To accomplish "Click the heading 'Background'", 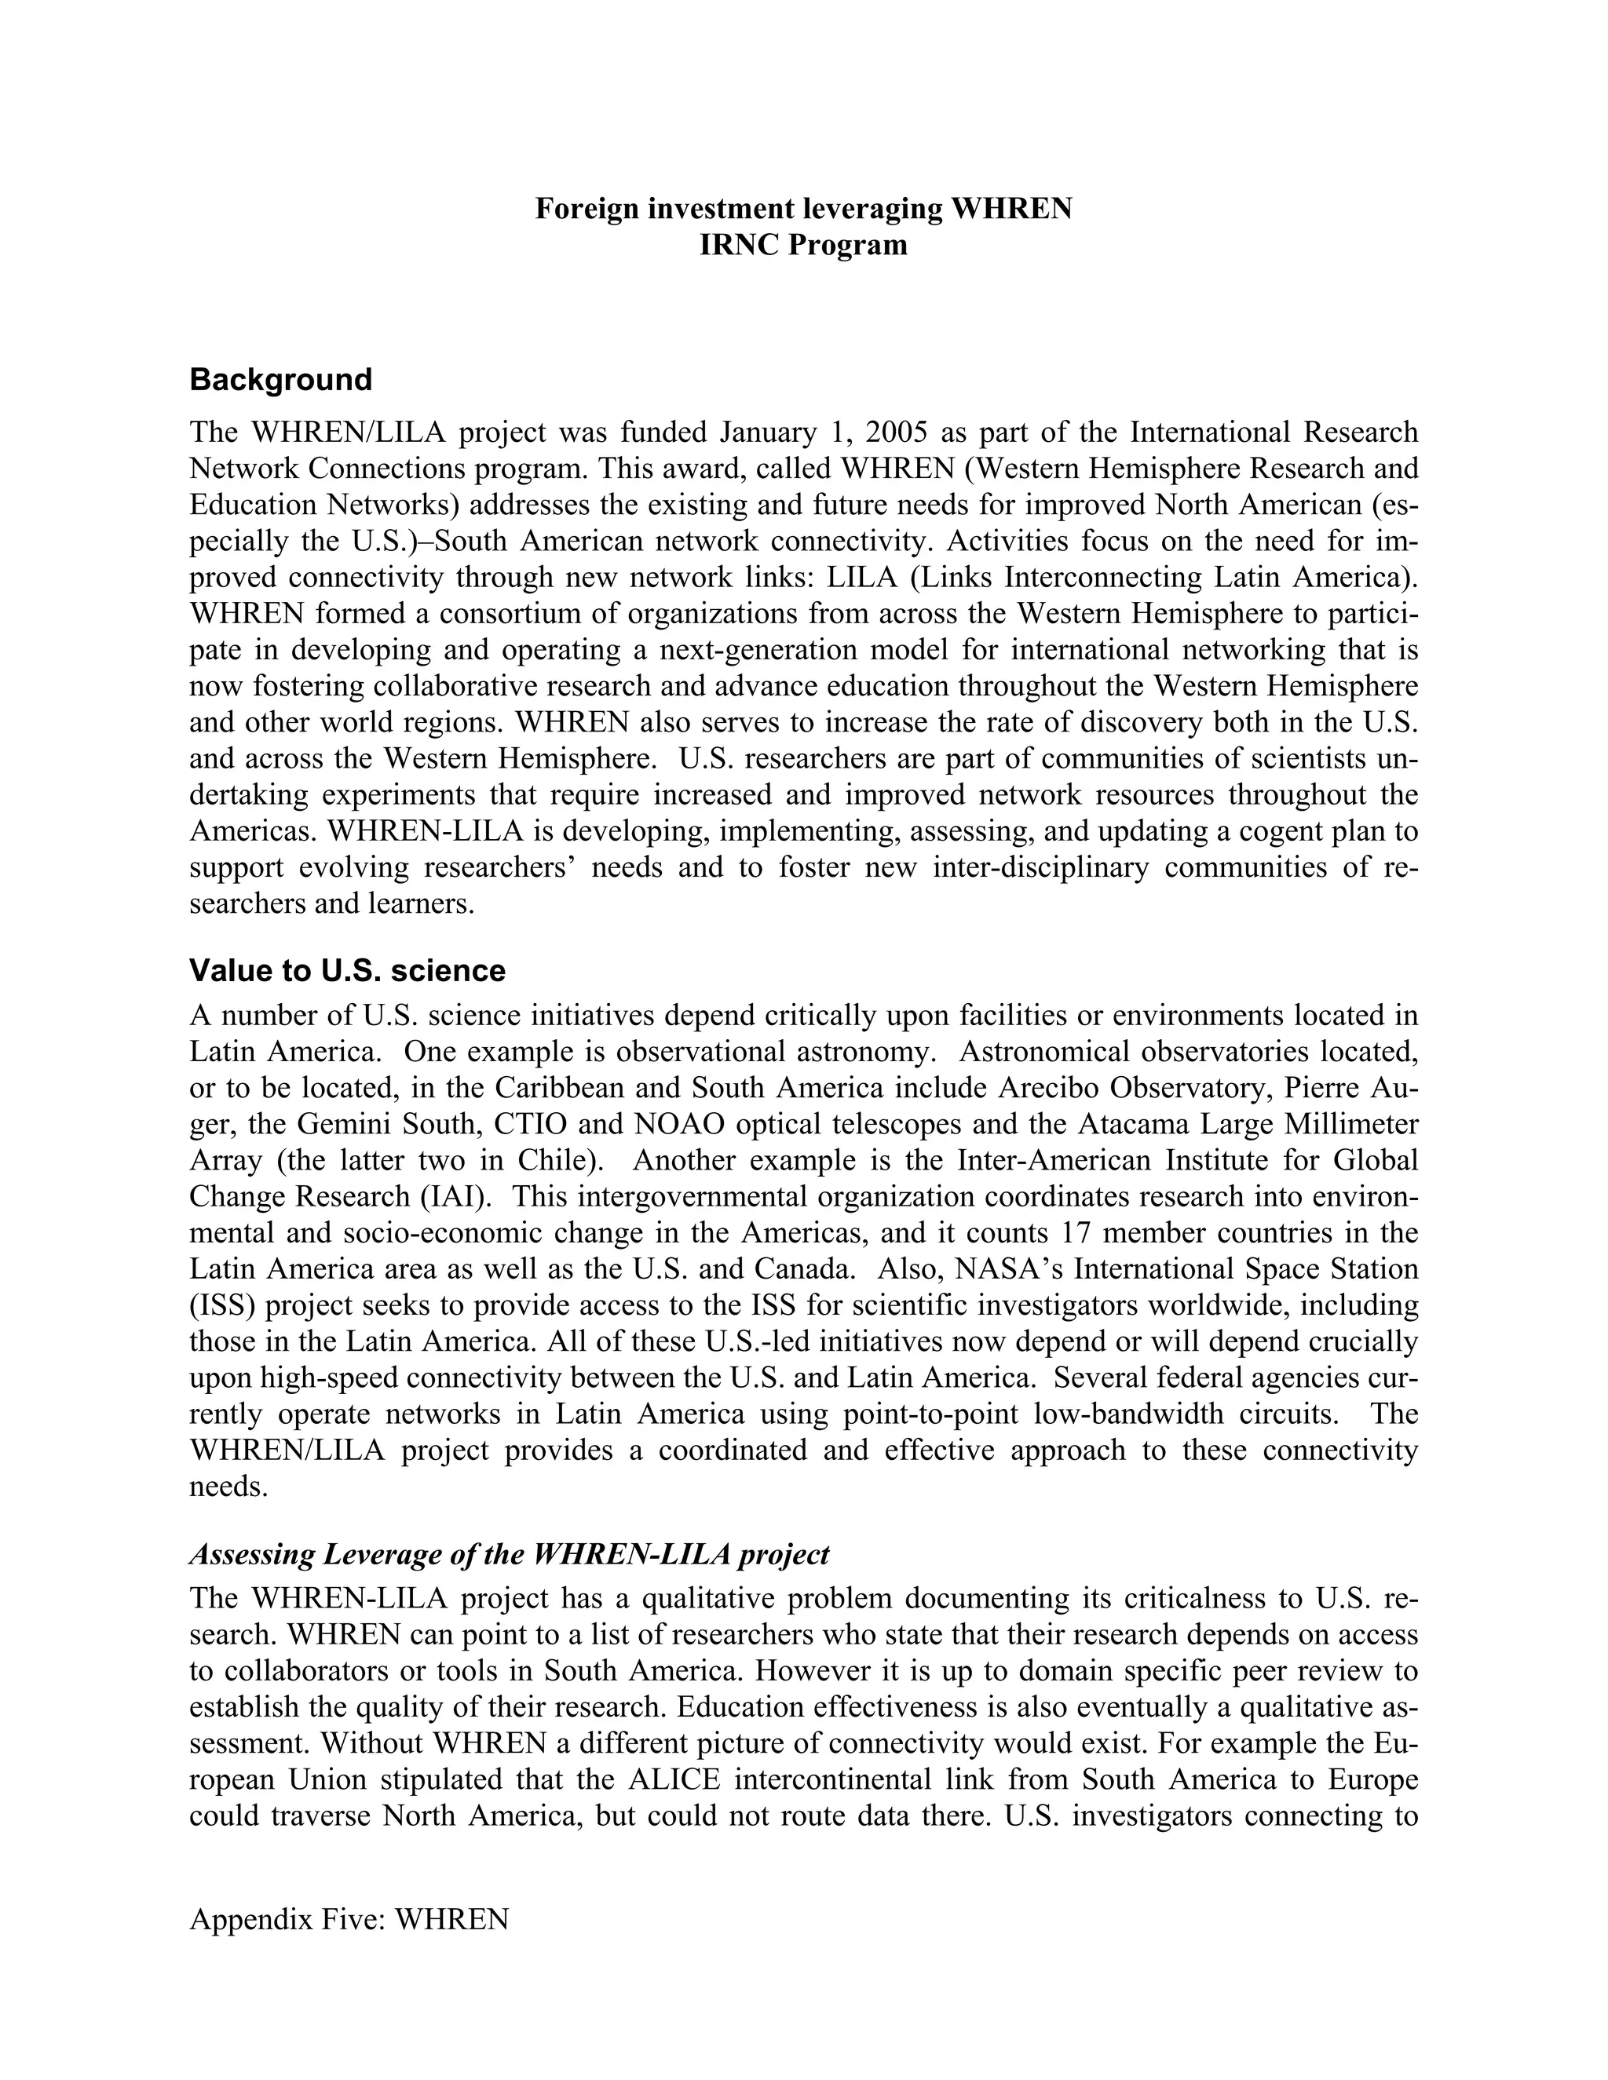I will tap(281, 380).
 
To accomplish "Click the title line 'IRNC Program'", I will tap(803, 246).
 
